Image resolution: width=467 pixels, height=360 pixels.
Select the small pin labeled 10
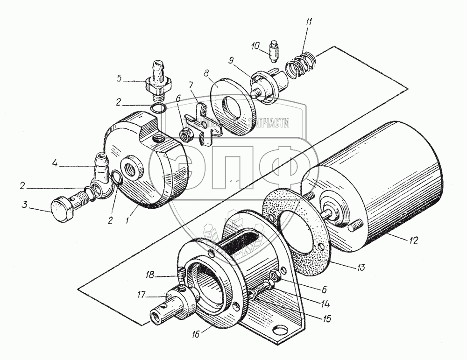click(275, 51)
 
